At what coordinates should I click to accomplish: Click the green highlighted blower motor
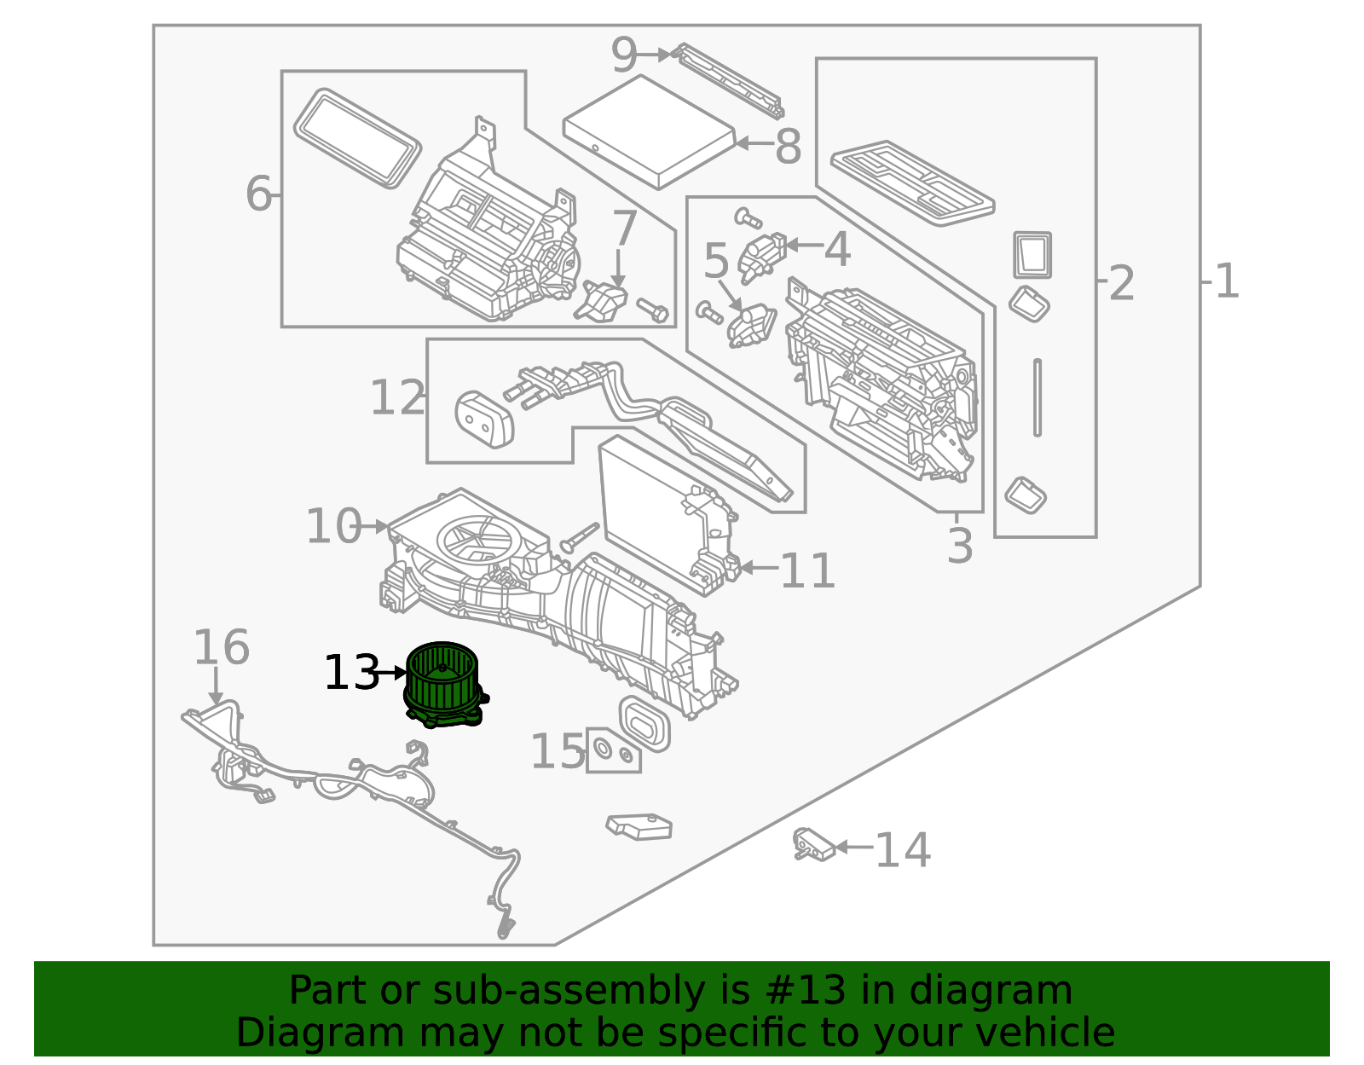pyautogui.click(x=443, y=684)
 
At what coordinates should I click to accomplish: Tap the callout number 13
pyautogui.click(x=350, y=674)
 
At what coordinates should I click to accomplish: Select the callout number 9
pyautogui.click(x=624, y=56)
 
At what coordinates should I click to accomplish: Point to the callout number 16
pyautogui.click(x=221, y=648)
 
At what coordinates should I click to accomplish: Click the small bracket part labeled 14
pyautogui.click(x=812, y=844)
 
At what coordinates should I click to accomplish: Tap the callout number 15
pyautogui.click(x=558, y=753)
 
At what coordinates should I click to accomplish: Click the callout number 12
pyautogui.click(x=397, y=398)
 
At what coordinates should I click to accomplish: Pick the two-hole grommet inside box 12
pyautogui.click(x=484, y=419)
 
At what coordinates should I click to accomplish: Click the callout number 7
pyautogui.click(x=625, y=229)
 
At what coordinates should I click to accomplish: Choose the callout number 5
pyautogui.click(x=716, y=262)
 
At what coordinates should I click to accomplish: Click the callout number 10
pyautogui.click(x=333, y=526)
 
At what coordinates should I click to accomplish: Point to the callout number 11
pyautogui.click(x=806, y=570)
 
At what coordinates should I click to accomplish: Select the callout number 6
pyautogui.click(x=258, y=194)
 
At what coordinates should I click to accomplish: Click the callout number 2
pyautogui.click(x=1121, y=283)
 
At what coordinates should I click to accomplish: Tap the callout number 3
pyautogui.click(x=960, y=547)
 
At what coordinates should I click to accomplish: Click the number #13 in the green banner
pyautogui.click(x=806, y=991)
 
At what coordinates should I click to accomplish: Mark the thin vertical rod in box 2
pyautogui.click(x=1037, y=397)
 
